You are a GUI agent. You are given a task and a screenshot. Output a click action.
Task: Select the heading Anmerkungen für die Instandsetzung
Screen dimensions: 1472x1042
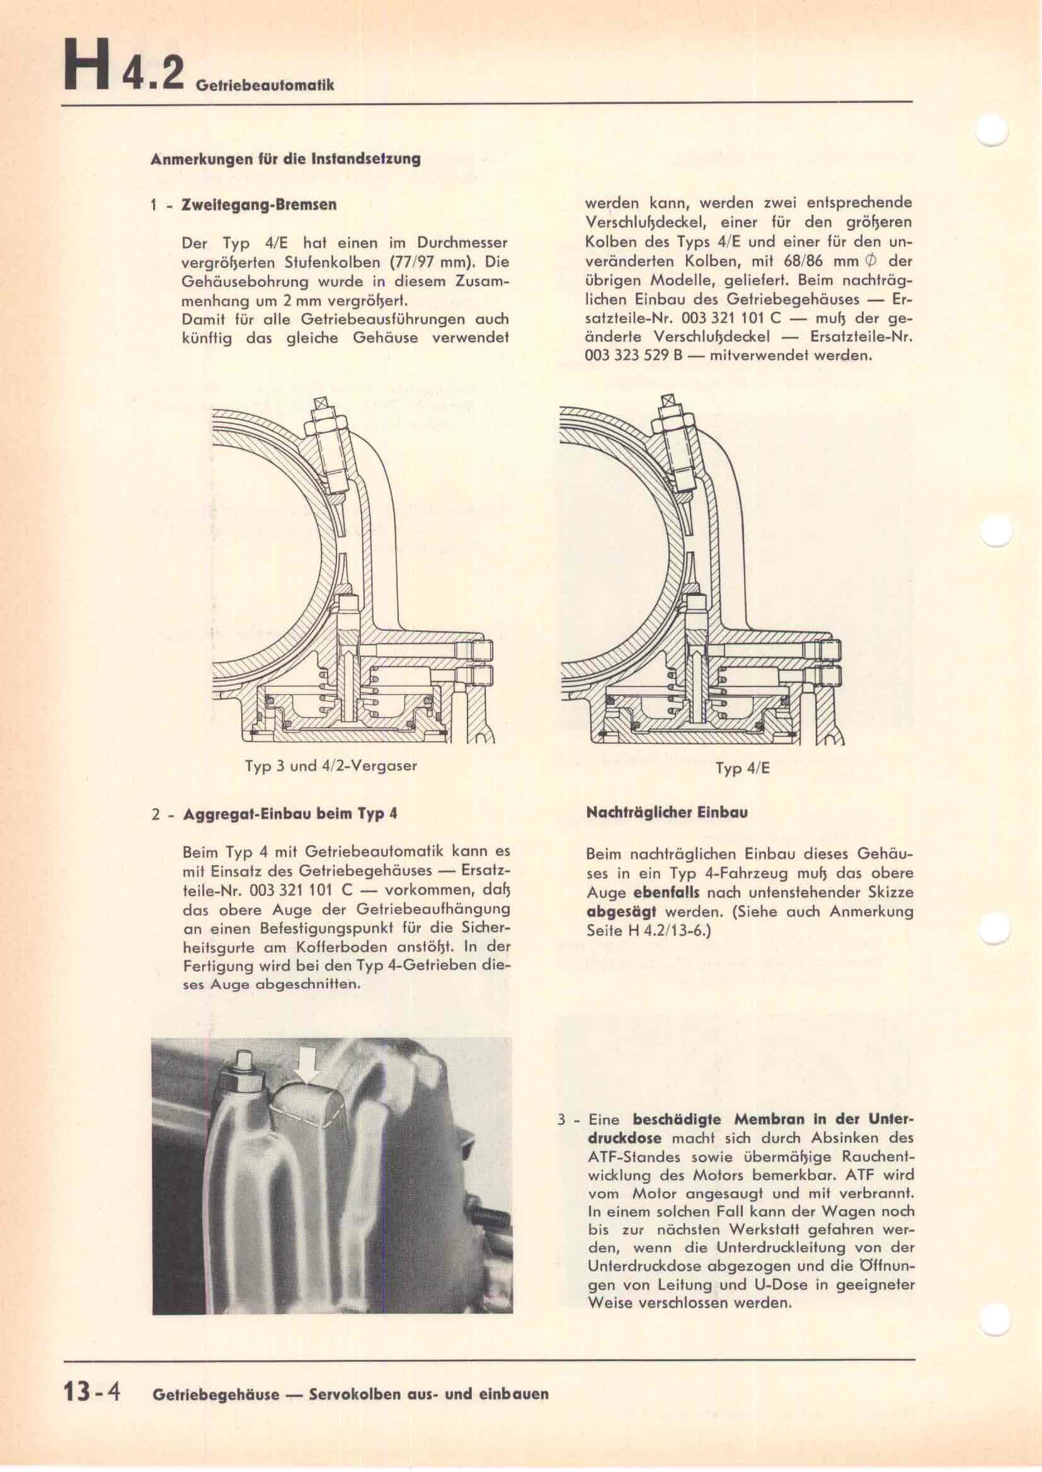click(285, 159)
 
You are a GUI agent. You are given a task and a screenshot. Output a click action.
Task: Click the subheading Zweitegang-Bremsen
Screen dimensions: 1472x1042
click(259, 205)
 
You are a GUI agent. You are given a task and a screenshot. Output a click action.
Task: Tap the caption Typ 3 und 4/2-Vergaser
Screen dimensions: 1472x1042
click(331, 765)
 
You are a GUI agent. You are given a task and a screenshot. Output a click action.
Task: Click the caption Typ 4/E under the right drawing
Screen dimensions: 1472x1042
click(741, 768)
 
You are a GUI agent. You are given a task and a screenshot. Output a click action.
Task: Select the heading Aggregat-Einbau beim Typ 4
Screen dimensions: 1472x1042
click(290, 814)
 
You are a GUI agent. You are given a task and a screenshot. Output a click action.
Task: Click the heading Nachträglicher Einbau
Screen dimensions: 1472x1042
click(667, 812)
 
